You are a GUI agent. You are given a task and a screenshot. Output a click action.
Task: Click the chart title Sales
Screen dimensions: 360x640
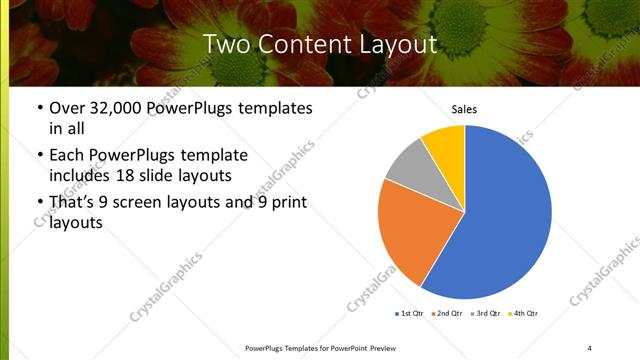464,109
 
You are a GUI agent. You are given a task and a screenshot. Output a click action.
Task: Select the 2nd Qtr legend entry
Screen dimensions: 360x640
446,314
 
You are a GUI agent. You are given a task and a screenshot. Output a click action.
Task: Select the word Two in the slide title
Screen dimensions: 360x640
226,44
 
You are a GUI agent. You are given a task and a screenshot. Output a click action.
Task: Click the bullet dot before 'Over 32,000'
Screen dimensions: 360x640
39,108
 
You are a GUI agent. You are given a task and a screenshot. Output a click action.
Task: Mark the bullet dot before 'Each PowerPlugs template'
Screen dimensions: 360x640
39,156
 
